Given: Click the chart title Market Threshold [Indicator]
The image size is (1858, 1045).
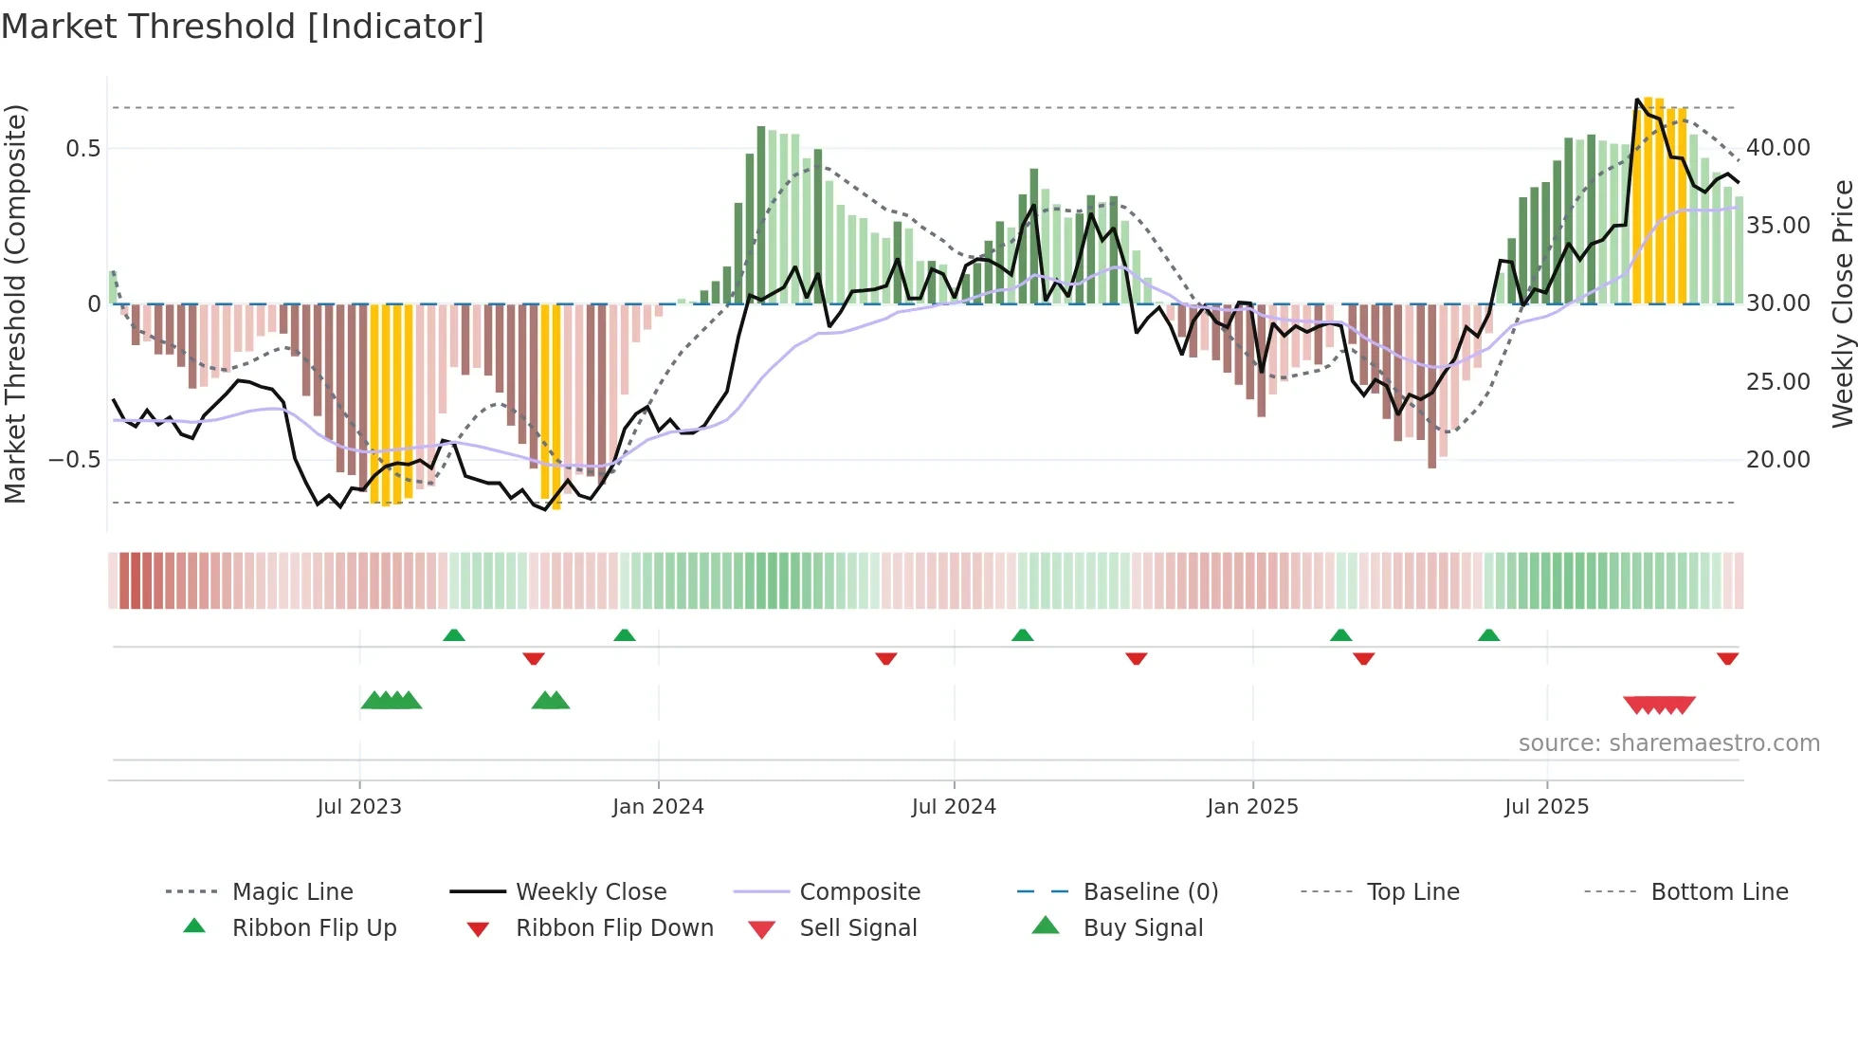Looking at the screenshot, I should (243, 27).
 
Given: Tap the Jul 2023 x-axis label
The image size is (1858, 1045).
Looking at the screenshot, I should (359, 807).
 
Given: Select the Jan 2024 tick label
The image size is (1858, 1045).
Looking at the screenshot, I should (658, 807).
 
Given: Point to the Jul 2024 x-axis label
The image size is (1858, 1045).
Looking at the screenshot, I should (954, 807).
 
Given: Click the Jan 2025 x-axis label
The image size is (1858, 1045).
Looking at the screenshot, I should (1252, 807).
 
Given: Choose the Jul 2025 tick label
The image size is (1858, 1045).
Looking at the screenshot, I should (1546, 807).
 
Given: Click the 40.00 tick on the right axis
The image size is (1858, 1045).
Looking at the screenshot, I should (1778, 148).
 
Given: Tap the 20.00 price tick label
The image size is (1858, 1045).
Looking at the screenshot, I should (1778, 460).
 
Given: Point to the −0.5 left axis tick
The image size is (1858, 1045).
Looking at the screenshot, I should (74, 460).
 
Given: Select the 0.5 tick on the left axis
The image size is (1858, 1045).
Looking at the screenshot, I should (82, 148).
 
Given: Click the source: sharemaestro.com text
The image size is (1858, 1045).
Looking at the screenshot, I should (1668, 743).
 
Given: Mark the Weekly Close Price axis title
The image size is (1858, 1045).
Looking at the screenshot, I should (1842, 303).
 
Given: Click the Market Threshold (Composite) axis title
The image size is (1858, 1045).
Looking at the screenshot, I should (15, 303).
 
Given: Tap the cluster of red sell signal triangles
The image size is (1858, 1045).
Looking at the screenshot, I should (1659, 705).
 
